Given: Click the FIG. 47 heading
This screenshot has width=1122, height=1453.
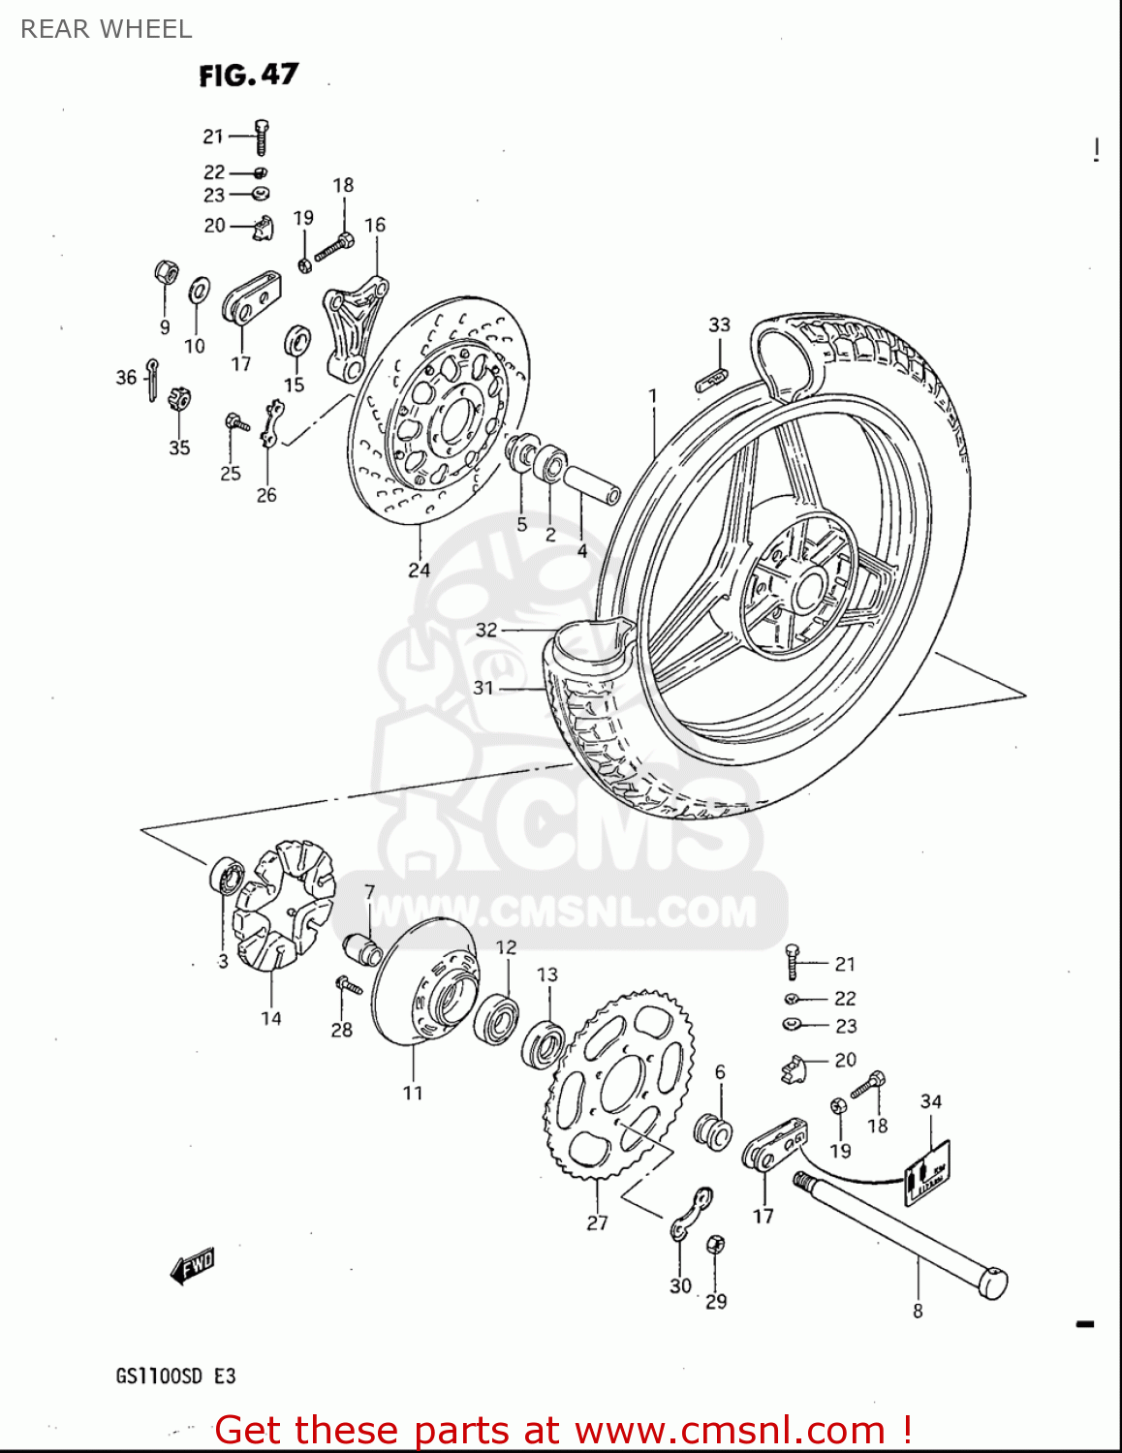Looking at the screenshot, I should (x=248, y=75).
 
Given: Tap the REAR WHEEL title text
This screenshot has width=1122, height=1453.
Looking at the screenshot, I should (x=107, y=29).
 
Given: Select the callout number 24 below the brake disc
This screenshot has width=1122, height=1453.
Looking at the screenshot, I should (x=419, y=570).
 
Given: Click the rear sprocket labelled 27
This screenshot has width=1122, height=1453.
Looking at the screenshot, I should (x=620, y=1085).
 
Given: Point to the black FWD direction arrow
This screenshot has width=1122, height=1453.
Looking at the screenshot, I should (x=192, y=1265).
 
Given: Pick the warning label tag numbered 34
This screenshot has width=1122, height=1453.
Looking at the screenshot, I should (x=927, y=1172).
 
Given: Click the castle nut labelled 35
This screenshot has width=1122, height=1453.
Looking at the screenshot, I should (x=179, y=398).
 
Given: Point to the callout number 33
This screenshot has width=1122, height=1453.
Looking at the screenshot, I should (x=719, y=325).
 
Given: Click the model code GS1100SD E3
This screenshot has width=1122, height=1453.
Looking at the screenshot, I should (x=175, y=1376).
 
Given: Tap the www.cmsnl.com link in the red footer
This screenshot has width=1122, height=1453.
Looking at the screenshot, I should (x=730, y=1431).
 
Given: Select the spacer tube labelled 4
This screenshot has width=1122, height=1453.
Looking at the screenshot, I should (x=591, y=485).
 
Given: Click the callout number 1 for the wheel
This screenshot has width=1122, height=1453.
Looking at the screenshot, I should (x=653, y=396).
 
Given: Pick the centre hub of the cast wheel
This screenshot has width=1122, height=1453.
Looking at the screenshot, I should (x=800, y=586).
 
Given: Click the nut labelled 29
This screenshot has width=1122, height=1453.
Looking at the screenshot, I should (x=716, y=1246).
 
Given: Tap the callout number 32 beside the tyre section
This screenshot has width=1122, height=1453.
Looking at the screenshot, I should (x=486, y=630).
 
